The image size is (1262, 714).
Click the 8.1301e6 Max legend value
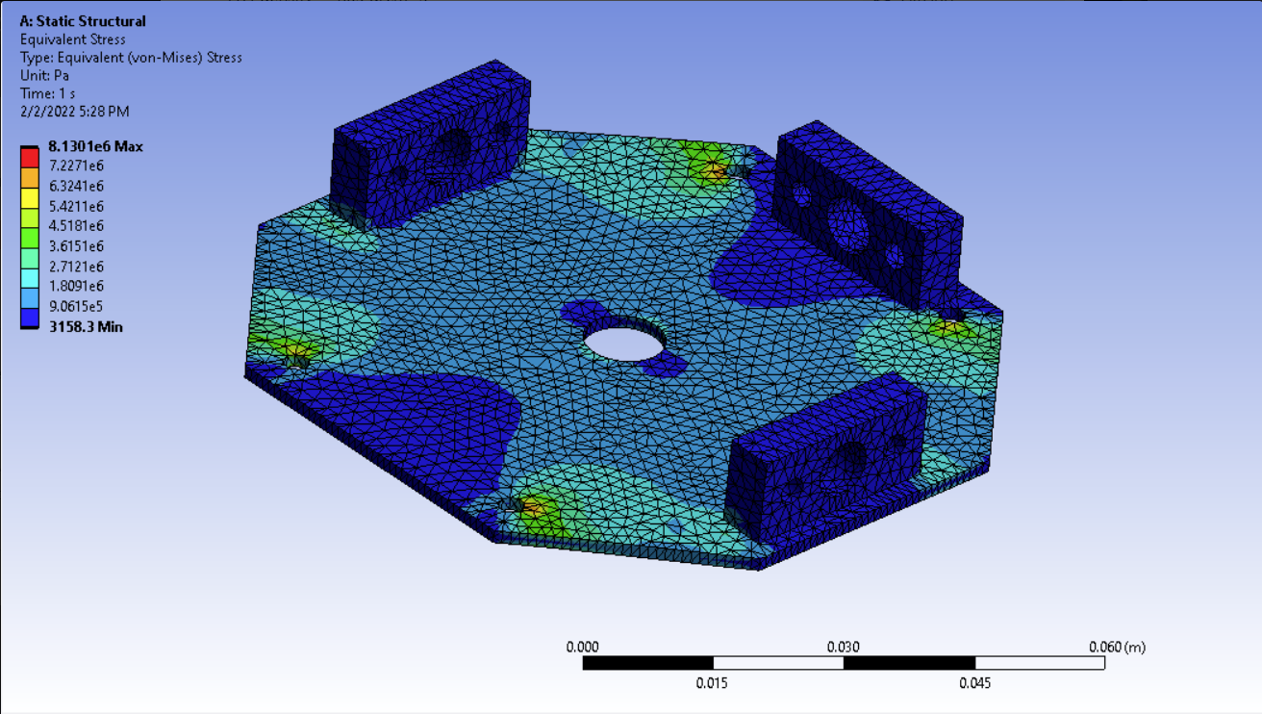coord(95,146)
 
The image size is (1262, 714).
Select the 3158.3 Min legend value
coord(86,327)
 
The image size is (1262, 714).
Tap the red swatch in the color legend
coord(29,158)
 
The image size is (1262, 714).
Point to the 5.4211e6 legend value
coord(76,206)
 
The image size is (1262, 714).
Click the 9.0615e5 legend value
coord(76,306)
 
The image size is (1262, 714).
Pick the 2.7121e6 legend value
coord(76,266)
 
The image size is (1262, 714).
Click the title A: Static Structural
coord(83,21)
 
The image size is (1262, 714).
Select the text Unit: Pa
coord(44,75)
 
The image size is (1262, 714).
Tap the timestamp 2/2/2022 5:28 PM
coord(74,112)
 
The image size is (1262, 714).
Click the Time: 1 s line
coord(47,93)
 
